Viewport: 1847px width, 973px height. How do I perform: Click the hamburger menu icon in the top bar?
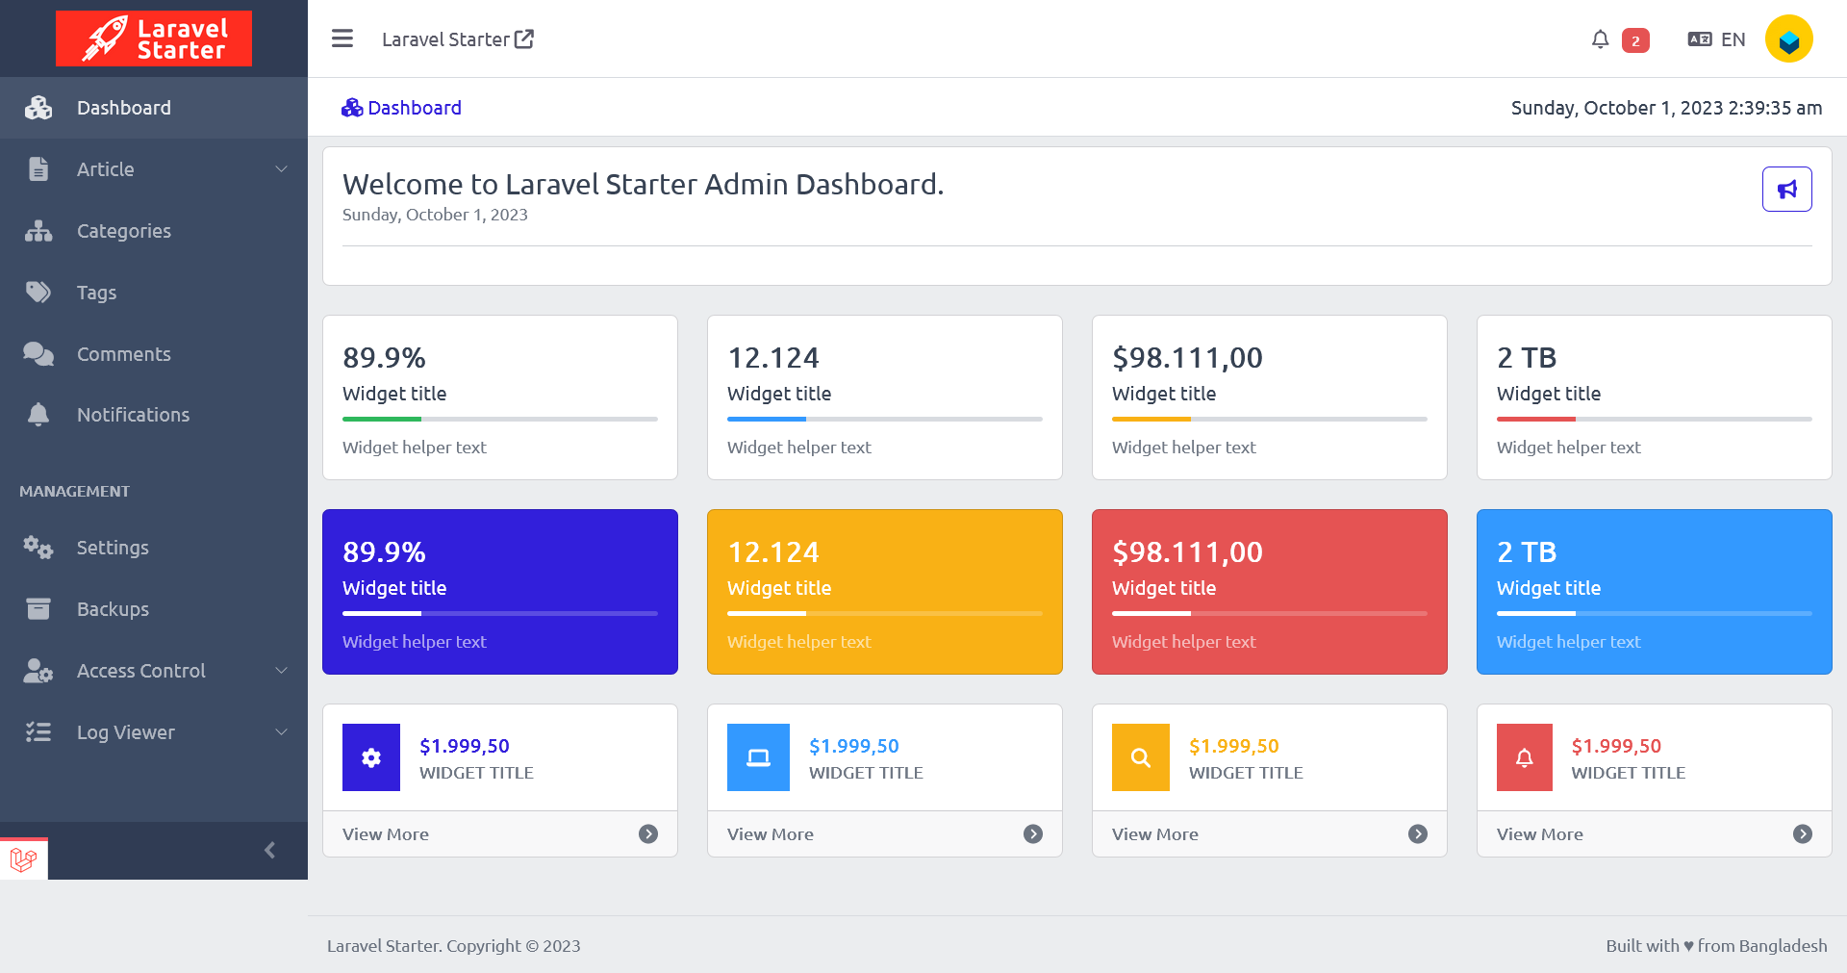click(342, 38)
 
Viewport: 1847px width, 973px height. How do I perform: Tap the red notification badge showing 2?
click(1635, 40)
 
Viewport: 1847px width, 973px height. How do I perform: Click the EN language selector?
click(1717, 39)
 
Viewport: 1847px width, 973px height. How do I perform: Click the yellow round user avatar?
click(1788, 39)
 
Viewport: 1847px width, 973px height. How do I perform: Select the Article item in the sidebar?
click(106, 169)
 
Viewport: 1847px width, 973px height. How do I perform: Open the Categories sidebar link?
click(123, 231)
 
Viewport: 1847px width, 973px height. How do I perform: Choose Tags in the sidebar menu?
click(96, 293)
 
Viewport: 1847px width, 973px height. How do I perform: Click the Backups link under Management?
click(113, 609)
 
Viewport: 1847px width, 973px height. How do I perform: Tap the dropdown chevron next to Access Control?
click(282, 671)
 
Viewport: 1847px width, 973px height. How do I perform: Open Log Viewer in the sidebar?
click(126, 732)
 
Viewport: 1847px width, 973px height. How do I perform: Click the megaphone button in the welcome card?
click(1786, 189)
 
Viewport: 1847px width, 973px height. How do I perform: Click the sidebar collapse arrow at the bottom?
click(270, 850)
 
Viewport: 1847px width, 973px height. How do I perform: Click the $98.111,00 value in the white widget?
click(1187, 358)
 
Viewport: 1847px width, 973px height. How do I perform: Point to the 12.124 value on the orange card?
click(773, 552)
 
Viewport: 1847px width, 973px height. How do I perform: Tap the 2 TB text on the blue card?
click(1527, 552)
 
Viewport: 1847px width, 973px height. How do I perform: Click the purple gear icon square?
click(371, 757)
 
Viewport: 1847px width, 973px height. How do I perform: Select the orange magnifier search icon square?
click(1140, 757)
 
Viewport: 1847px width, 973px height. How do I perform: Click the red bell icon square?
click(1524, 757)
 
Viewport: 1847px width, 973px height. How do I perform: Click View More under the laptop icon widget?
click(771, 834)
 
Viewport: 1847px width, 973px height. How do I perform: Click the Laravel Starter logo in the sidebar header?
click(154, 38)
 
